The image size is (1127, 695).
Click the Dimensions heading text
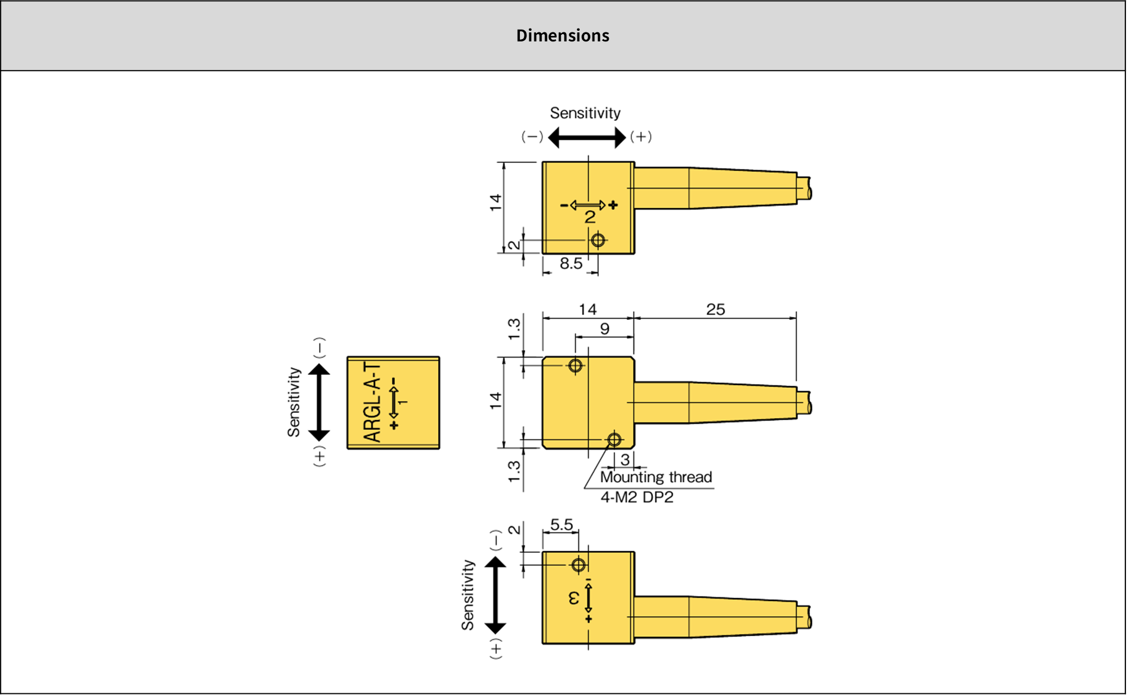[562, 35]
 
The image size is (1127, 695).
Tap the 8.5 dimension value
[571, 264]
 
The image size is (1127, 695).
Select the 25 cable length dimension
[715, 309]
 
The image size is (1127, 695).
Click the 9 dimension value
[604, 329]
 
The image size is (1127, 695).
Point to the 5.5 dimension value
[561, 525]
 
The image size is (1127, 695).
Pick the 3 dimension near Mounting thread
[625, 460]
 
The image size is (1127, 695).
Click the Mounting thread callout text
[656, 477]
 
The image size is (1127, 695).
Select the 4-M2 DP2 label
[637, 497]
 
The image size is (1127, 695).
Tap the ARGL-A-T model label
[372, 402]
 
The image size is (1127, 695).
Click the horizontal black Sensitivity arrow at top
[586, 137]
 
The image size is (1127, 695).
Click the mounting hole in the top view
[598, 240]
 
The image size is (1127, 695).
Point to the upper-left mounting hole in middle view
[575, 366]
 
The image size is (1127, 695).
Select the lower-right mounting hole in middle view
[614, 440]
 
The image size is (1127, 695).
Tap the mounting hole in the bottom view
[579, 565]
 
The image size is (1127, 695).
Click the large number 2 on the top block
[590, 217]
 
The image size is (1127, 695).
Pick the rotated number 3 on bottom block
[574, 598]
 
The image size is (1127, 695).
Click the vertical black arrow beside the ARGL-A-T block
[319, 402]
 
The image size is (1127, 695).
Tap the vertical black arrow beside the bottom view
[495, 595]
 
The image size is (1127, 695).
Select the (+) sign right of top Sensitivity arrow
[641, 137]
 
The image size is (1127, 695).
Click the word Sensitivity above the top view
[585, 113]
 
